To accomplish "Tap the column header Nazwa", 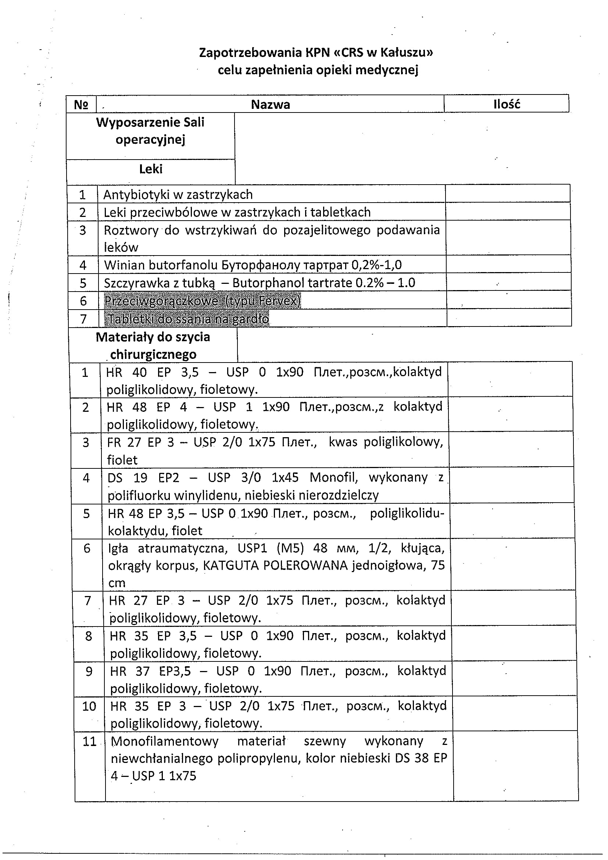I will (270, 104).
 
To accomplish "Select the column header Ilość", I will (507, 104).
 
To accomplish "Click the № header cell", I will (81, 105).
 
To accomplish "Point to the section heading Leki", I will (150, 169).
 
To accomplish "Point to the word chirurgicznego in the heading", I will (153, 354).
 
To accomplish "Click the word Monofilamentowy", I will (165, 741).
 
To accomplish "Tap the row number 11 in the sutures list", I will (89, 742).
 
